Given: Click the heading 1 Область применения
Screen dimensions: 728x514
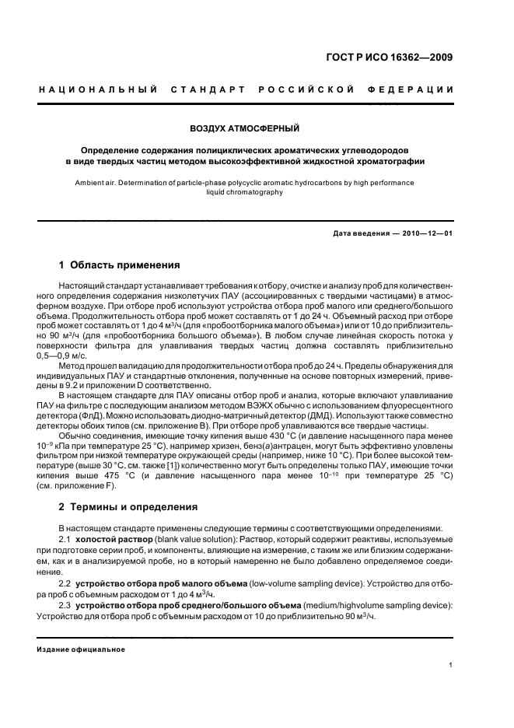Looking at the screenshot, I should pyautogui.click(x=119, y=265).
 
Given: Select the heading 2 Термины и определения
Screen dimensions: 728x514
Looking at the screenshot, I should pyautogui.click(x=129, y=507).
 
